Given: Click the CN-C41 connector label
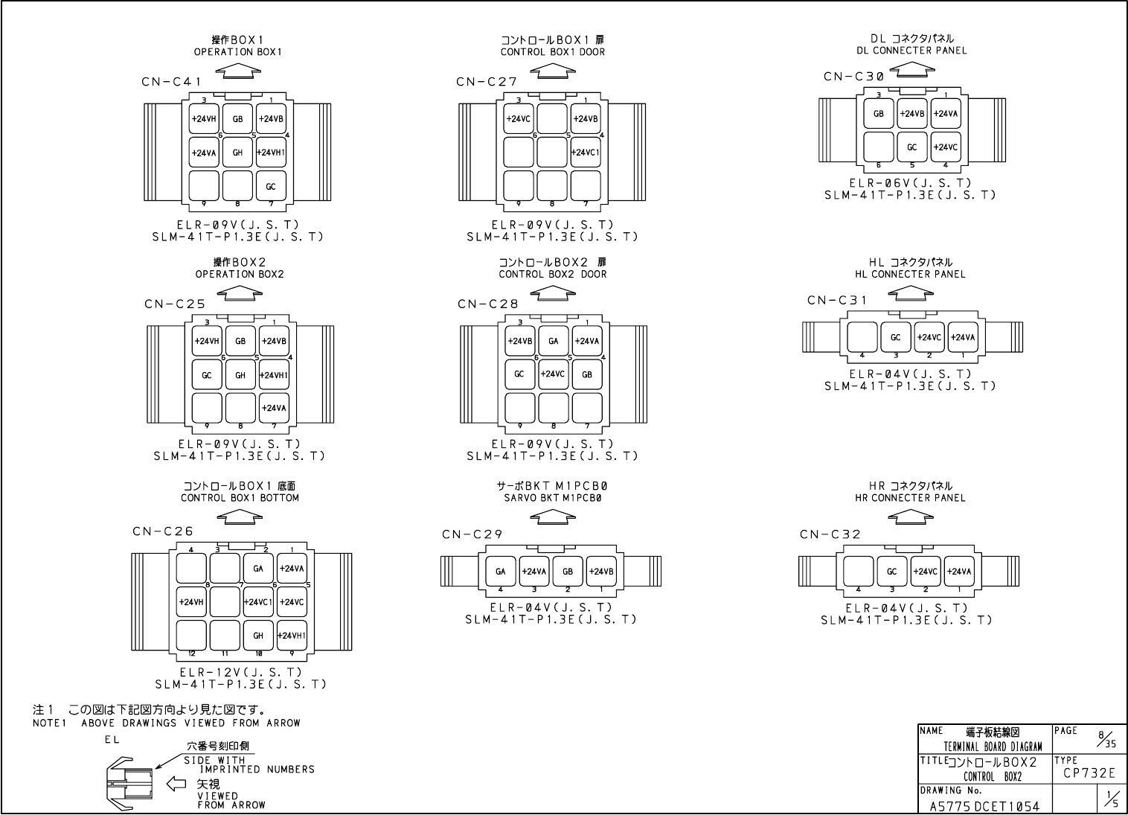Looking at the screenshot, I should [171, 82].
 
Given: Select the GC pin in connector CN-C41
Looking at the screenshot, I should [271, 186].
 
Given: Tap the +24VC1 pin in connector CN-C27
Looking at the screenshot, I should [586, 152].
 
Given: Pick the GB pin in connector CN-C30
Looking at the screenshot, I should [879, 114].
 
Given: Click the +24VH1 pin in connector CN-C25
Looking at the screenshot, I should [274, 375].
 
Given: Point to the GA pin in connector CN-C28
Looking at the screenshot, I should [553, 341].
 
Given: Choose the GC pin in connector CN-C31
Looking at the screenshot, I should [896, 337].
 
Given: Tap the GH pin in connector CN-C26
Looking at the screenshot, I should [258, 635].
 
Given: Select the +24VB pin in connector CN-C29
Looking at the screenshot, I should [601, 572].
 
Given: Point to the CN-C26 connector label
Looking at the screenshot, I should [163, 531].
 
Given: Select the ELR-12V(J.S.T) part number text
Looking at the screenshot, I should [240, 672].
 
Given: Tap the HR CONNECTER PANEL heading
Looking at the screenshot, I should [910, 498].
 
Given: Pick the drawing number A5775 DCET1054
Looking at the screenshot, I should [984, 806].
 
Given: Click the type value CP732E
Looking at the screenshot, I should [1089, 774].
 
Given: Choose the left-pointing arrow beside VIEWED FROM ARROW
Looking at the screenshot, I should [176, 783].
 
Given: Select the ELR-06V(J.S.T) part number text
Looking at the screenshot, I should [910, 183].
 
